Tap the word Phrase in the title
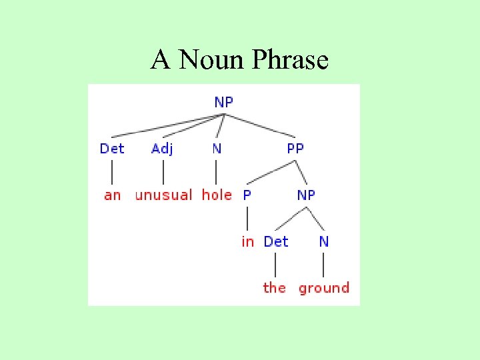290,61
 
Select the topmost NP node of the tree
224,102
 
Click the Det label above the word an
112,148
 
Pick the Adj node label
162,148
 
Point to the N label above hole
217,148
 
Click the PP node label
295,148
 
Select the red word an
112,195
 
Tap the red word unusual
163,195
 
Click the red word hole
217,195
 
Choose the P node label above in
247,195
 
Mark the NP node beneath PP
306,195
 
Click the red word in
247,242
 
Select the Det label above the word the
276,241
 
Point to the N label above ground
324,241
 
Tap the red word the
274,288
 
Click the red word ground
324,288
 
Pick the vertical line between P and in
247,219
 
